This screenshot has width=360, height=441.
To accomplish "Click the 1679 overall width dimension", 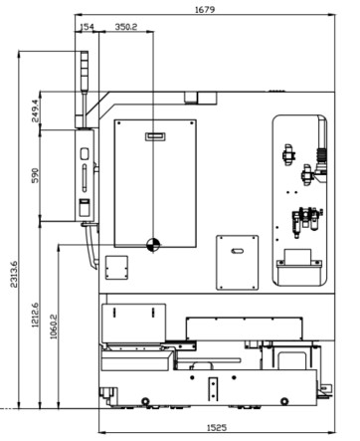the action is (x=205, y=9).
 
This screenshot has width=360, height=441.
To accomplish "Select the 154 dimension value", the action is (x=88, y=27).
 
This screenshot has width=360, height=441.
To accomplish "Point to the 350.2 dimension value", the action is (x=126, y=27).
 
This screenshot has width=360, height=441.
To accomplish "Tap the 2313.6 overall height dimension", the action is (x=14, y=274).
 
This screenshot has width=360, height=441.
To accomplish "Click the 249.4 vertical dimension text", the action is (x=35, y=110).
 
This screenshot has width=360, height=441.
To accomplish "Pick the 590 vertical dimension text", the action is (x=35, y=175).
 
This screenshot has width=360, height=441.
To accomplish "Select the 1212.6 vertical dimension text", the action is (x=35, y=315).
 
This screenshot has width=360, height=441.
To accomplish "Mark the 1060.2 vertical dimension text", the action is (x=54, y=327).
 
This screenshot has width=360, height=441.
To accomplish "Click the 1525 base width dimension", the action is (x=217, y=427).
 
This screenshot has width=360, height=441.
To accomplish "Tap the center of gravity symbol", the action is (x=153, y=245).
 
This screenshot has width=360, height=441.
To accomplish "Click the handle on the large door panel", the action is (x=155, y=136).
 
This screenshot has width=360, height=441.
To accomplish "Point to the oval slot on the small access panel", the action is (x=237, y=251).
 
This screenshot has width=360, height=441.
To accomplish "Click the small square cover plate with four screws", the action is (x=116, y=267).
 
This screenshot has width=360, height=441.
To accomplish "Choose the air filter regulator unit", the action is (x=306, y=221).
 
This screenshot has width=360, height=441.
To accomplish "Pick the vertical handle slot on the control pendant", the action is (x=85, y=177).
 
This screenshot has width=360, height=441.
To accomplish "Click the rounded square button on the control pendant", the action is (x=85, y=153).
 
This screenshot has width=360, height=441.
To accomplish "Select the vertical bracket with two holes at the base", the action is (x=213, y=389).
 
